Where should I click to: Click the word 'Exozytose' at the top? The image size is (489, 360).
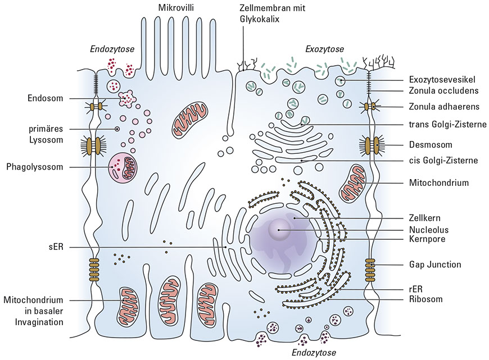324,49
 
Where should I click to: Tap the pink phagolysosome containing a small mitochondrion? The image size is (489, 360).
123,167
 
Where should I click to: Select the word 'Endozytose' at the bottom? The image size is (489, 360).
314,353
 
